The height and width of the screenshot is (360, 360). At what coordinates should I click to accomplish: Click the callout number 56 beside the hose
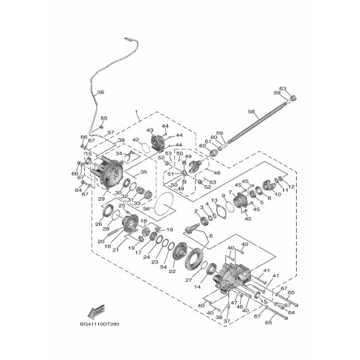[x=101, y=91]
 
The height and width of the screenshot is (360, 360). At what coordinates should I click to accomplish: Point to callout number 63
[x=283, y=89]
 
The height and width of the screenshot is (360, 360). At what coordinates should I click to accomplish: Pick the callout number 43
[x=150, y=131]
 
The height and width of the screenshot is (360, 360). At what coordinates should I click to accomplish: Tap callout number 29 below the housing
[x=101, y=200]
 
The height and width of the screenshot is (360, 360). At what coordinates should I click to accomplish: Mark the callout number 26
[x=97, y=225]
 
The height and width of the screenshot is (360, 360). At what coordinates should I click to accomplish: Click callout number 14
[x=198, y=286]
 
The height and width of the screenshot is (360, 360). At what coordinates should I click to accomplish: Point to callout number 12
[x=292, y=186]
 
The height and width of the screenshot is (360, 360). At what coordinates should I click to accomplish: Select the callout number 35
[x=144, y=173]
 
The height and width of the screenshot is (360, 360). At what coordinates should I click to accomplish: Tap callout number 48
[x=196, y=173]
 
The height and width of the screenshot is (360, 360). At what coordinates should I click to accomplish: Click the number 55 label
[x=104, y=118]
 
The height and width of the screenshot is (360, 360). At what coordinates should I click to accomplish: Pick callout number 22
[x=172, y=271]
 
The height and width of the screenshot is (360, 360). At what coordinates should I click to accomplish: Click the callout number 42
[x=135, y=140]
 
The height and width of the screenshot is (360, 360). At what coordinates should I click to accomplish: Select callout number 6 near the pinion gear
[x=210, y=236]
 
